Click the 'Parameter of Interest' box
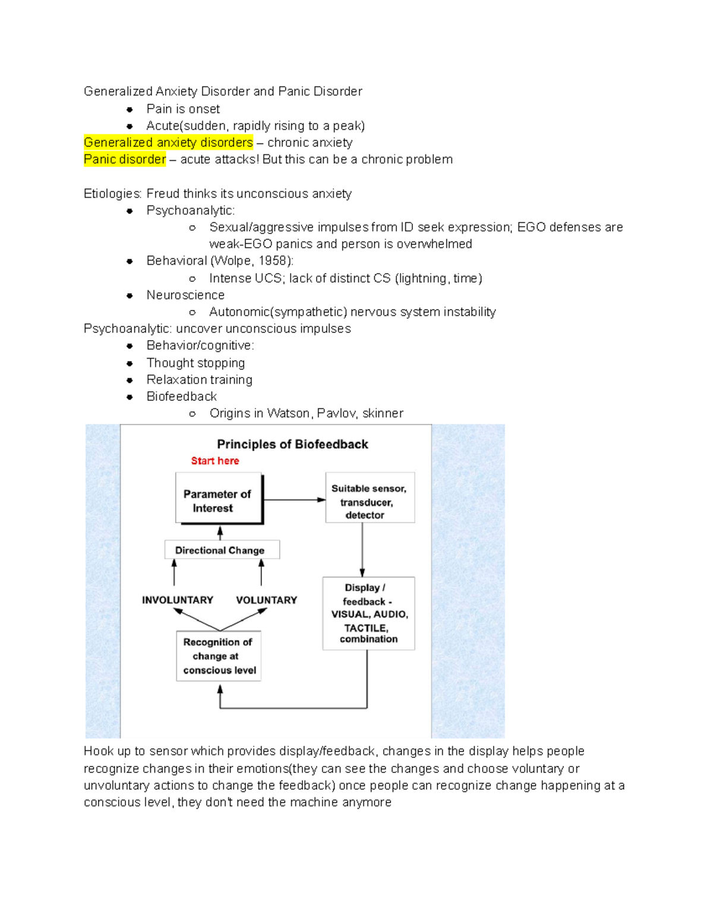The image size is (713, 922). click(x=219, y=499)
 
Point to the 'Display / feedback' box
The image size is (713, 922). click(x=368, y=613)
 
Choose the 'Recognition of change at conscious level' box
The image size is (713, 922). click(x=219, y=656)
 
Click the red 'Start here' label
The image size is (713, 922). click(x=214, y=461)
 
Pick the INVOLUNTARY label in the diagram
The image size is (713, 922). click(x=177, y=600)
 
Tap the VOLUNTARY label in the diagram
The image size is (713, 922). click(x=266, y=600)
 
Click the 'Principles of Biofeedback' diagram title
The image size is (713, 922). click(x=292, y=444)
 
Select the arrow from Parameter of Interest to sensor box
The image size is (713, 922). click(x=294, y=500)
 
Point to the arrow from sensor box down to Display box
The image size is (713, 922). click(x=362, y=549)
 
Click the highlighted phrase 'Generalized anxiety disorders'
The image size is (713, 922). click(x=168, y=142)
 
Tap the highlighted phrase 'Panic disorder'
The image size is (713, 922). click(x=125, y=159)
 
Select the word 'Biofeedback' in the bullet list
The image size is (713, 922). click(x=181, y=397)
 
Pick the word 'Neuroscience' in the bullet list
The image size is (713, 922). click(x=185, y=295)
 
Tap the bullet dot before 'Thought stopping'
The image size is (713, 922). click(x=130, y=363)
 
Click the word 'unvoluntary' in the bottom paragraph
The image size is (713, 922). click(x=117, y=785)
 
